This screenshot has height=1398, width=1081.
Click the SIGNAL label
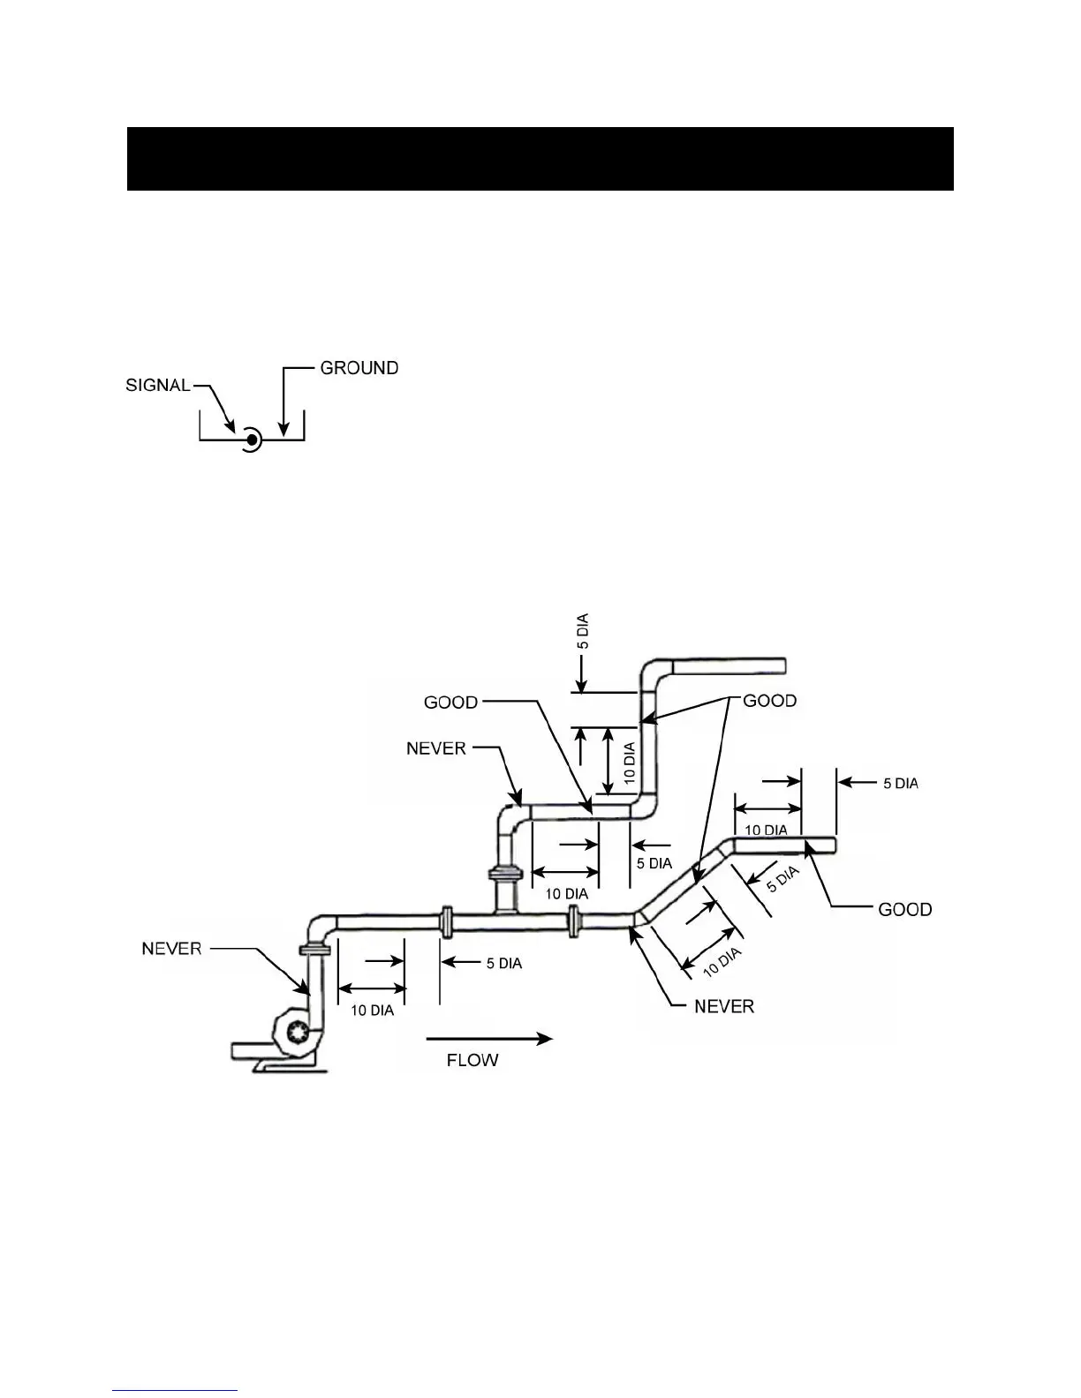[x=158, y=386]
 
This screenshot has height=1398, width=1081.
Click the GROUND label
[x=359, y=368]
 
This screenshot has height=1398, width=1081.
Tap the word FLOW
[x=472, y=1060]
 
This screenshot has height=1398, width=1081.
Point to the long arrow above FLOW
[x=489, y=1039]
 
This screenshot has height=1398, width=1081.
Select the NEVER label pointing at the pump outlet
[x=171, y=949]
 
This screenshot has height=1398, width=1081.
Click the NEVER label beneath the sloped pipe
[x=724, y=1006]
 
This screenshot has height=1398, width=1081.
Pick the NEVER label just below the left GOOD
[x=435, y=748]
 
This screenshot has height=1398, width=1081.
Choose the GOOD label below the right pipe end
[x=904, y=909]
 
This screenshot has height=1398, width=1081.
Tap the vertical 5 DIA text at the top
[x=583, y=632]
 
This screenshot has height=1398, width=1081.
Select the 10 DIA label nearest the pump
[x=372, y=1011]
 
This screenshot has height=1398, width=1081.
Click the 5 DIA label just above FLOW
[x=503, y=963]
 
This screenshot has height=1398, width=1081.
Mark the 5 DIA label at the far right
[x=901, y=784]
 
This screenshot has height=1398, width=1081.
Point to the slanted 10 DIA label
[x=722, y=963]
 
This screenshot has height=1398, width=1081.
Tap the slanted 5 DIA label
[x=782, y=879]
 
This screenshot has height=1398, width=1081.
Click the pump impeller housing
[x=296, y=1031]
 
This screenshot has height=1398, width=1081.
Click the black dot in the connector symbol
[x=252, y=439]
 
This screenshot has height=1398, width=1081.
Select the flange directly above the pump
[x=314, y=950]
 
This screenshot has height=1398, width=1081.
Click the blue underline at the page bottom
[x=175, y=1391]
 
